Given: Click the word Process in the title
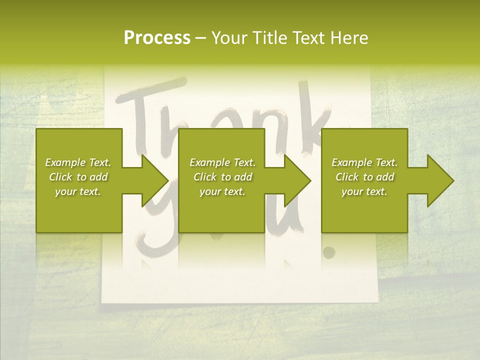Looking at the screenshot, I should click(x=157, y=38).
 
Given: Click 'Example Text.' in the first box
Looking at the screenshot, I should click(x=78, y=162).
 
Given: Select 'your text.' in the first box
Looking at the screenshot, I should click(x=78, y=191).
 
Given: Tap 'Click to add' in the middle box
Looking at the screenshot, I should click(x=222, y=177).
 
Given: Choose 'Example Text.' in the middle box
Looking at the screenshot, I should click(x=222, y=162).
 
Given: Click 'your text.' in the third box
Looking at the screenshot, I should click(x=364, y=191).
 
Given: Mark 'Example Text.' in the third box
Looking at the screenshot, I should click(x=364, y=162).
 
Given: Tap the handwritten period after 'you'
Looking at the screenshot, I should click(x=328, y=252).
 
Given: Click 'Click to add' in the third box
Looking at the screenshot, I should click(x=364, y=177).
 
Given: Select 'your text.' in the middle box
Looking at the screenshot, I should click(x=222, y=191).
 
